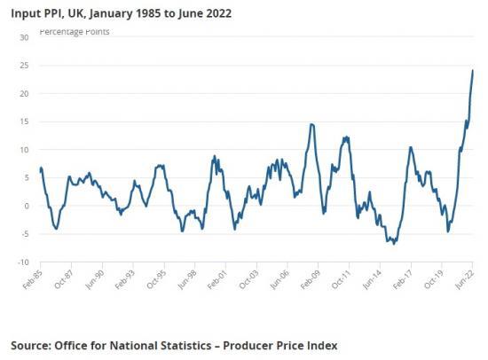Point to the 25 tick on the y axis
coord(23,66)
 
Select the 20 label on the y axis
coord(23,94)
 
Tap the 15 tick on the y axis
coord(23,121)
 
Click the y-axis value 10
coord(23,150)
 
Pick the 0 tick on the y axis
coord(26,206)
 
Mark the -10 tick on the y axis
coord(21,262)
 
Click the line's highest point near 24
coord(473,71)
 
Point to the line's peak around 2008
coord(311,124)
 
